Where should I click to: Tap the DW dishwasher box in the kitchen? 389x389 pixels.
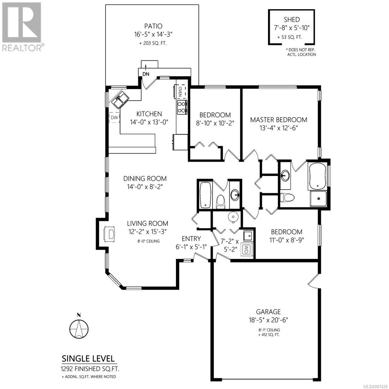(114, 117)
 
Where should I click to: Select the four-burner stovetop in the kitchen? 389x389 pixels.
(182, 107)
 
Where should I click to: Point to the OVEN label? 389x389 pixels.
(180, 92)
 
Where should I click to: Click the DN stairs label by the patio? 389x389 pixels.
(146, 74)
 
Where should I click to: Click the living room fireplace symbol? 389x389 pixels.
(110, 234)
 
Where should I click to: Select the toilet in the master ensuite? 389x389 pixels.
(288, 197)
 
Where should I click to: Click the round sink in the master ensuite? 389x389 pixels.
(286, 175)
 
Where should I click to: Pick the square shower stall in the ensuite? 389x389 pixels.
(318, 199)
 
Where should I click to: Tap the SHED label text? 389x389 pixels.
(292, 19)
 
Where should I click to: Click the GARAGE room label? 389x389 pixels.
(268, 312)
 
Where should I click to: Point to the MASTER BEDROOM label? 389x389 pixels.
(278, 120)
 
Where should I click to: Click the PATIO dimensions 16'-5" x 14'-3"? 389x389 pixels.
(153, 34)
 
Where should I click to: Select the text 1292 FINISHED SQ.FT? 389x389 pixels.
(90, 369)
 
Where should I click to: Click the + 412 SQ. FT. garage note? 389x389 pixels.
(268, 335)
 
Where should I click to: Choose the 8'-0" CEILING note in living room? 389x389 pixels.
(147, 241)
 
